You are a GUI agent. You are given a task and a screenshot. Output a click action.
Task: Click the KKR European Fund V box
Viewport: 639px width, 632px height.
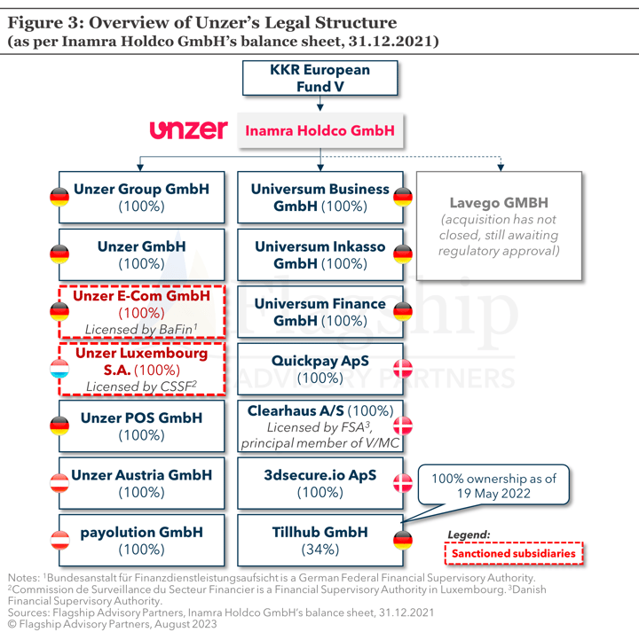[319, 78]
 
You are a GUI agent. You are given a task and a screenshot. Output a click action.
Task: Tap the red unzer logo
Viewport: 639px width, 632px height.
[189, 129]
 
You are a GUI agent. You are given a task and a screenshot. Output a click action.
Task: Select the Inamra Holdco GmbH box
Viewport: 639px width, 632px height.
[319, 130]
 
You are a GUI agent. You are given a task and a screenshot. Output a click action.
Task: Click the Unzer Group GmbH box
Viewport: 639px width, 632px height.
[141, 198]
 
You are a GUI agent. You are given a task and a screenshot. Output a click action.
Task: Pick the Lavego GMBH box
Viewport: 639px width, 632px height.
[499, 226]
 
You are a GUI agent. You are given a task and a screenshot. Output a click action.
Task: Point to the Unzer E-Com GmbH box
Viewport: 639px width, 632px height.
[141, 312]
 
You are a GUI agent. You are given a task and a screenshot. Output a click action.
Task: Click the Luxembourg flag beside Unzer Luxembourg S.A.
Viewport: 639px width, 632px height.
[59, 369]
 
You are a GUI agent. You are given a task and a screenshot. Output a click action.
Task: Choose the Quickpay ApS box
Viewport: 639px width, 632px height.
[319, 369]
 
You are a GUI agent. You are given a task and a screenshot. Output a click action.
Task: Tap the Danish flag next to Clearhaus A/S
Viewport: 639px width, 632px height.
[403, 426]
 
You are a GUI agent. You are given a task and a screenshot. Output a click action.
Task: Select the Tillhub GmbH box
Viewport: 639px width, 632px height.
[319, 541]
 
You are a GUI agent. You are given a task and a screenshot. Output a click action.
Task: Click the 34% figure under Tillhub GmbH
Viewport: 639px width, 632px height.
[319, 550]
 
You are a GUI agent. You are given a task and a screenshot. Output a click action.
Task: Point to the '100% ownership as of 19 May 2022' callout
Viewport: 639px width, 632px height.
[493, 485]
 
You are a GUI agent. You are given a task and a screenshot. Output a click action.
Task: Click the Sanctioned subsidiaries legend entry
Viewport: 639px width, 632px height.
[514, 553]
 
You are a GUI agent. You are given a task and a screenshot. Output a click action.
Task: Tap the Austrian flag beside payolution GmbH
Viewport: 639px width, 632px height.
[59, 541]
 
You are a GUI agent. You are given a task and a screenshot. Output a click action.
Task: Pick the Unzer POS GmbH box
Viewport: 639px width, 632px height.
[141, 426]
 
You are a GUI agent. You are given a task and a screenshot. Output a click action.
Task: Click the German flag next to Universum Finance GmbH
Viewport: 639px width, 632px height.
[403, 312]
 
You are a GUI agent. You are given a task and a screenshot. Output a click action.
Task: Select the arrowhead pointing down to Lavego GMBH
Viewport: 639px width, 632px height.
[501, 167]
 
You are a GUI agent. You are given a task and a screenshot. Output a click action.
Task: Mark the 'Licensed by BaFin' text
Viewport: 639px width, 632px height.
[141, 329]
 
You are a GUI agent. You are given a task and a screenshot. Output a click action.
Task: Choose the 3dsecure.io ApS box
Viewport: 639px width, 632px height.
[319, 483]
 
